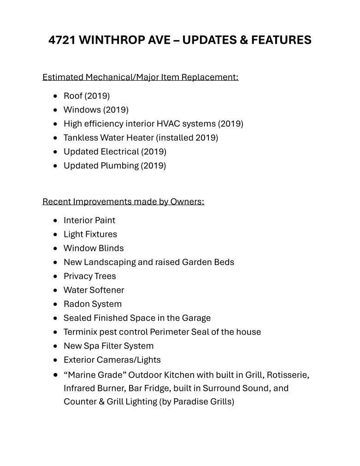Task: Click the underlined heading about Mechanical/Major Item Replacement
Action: (x=140, y=77)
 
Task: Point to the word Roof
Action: (x=73, y=96)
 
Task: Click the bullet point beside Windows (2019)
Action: (x=56, y=110)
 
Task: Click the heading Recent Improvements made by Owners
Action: (x=123, y=202)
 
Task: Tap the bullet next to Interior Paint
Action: (x=56, y=220)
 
